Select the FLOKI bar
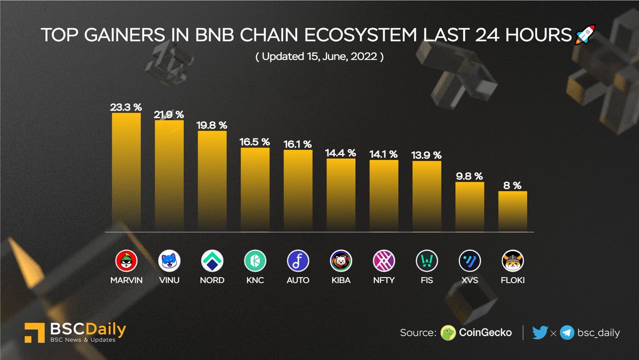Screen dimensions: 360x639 (x=513, y=211)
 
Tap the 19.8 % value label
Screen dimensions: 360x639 (x=212, y=125)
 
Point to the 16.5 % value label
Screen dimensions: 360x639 (x=255, y=142)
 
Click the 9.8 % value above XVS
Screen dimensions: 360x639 (x=470, y=176)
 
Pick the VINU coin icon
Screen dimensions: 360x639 (x=169, y=261)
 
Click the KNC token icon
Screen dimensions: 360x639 (x=255, y=261)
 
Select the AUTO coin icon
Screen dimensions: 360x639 (x=298, y=261)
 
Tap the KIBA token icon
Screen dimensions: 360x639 (x=341, y=261)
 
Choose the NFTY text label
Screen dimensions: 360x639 (x=384, y=280)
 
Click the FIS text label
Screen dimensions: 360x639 (x=427, y=280)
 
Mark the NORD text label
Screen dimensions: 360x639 (x=212, y=280)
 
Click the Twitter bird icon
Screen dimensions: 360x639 (x=539, y=333)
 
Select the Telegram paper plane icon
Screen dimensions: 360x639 (x=567, y=333)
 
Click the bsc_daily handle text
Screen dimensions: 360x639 (x=599, y=333)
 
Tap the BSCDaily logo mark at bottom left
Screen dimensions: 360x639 (x=34, y=332)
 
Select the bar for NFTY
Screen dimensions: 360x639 (x=384, y=195)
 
